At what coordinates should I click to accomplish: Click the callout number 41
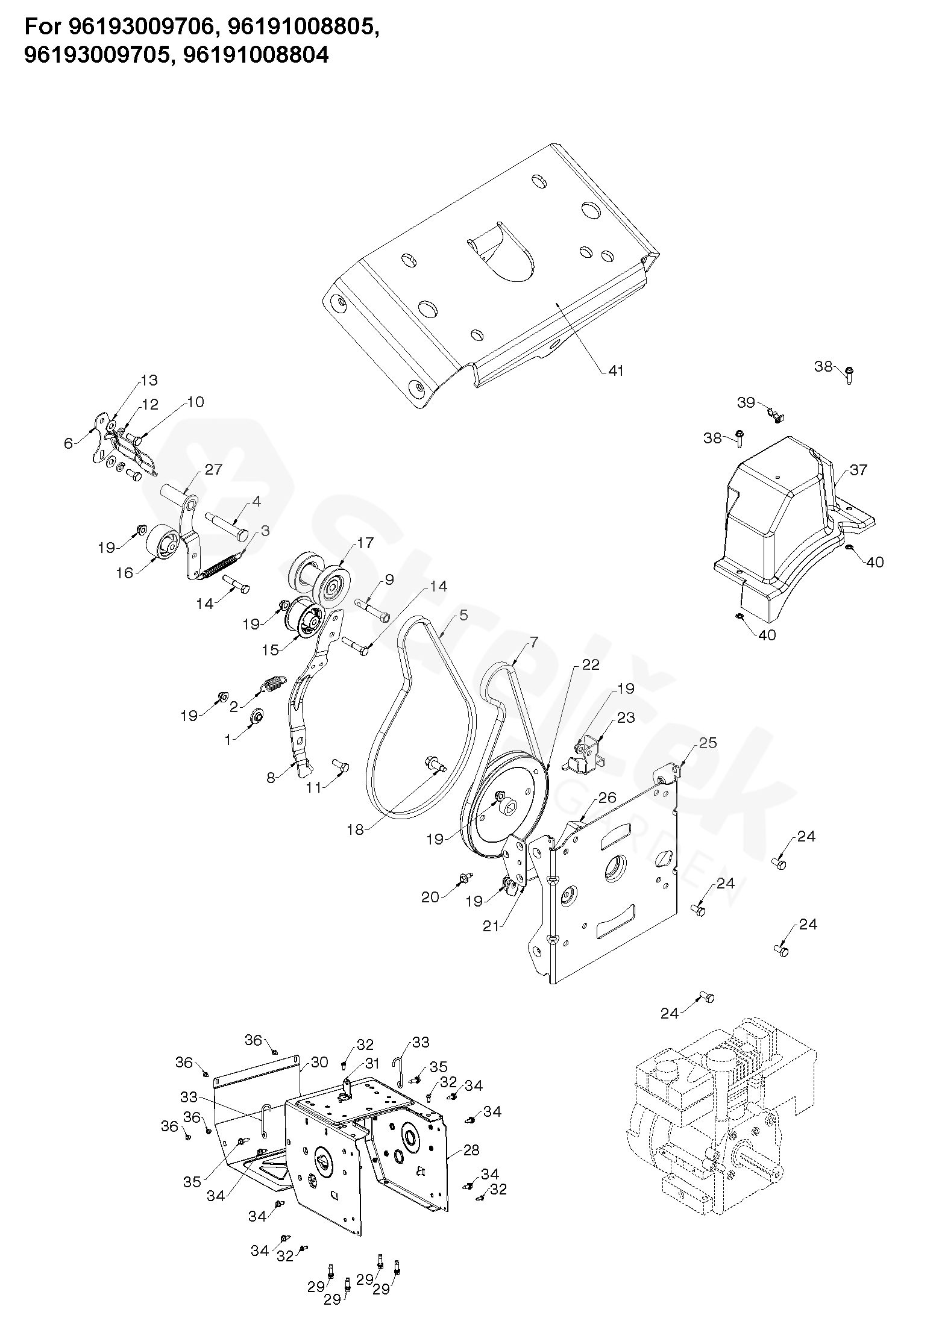[x=615, y=370]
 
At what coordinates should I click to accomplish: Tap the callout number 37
[x=858, y=469]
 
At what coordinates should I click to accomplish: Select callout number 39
[x=746, y=402]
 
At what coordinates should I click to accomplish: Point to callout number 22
[x=591, y=664]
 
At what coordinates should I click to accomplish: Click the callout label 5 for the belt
[x=463, y=615]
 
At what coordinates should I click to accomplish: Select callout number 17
[x=365, y=543]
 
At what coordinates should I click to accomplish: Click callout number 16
[x=124, y=573]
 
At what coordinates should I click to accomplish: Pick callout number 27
[x=213, y=469]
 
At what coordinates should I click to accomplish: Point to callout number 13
[x=148, y=380]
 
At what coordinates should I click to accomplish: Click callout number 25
[x=708, y=743]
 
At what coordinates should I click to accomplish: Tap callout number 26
[x=607, y=798]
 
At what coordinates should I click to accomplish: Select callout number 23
[x=626, y=717]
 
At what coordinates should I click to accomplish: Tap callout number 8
[x=271, y=778]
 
